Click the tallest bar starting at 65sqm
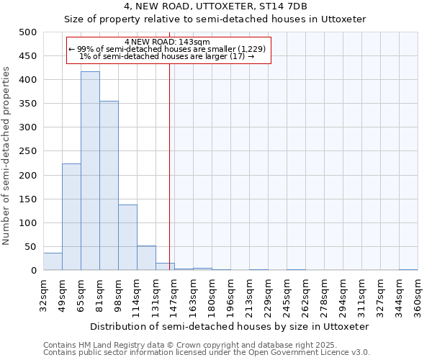click(90, 171)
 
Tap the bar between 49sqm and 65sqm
click(71, 217)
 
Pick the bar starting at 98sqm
click(127, 238)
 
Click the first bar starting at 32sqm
click(53, 262)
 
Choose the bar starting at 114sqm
click(146, 258)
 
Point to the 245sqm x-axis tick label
click(287, 295)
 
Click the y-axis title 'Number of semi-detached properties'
click(6, 156)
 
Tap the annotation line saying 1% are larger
click(167, 56)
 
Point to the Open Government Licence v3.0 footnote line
click(207, 353)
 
